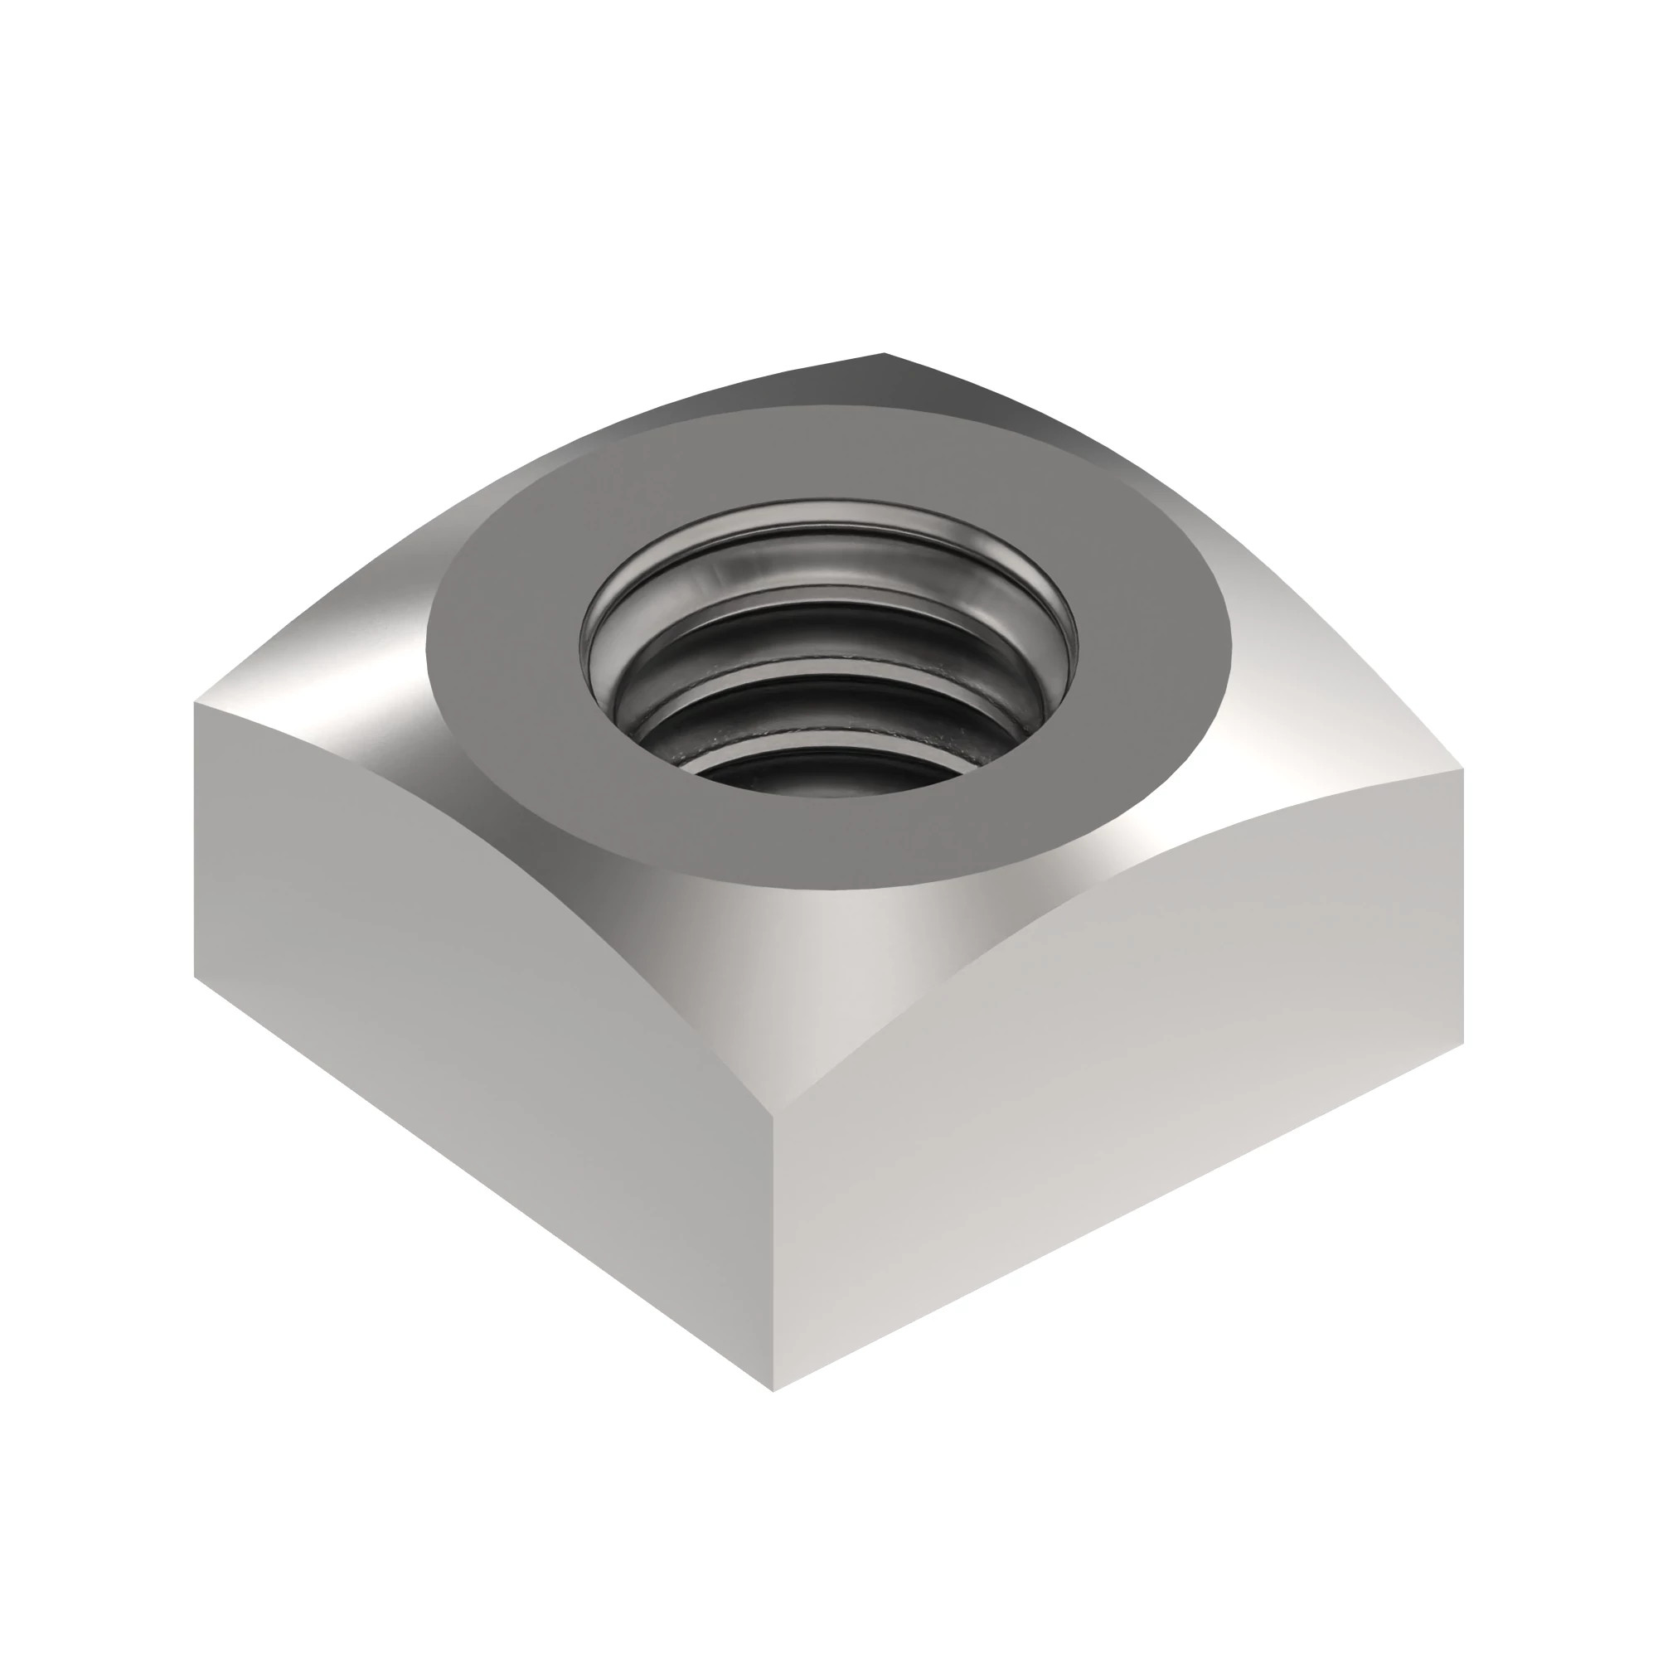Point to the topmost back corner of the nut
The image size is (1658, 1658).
coord(884,354)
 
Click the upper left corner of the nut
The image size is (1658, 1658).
coord(196,704)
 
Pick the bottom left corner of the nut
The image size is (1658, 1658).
coord(196,976)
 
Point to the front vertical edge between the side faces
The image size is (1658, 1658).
coord(774,1244)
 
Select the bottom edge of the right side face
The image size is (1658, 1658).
coord(1116,1219)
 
